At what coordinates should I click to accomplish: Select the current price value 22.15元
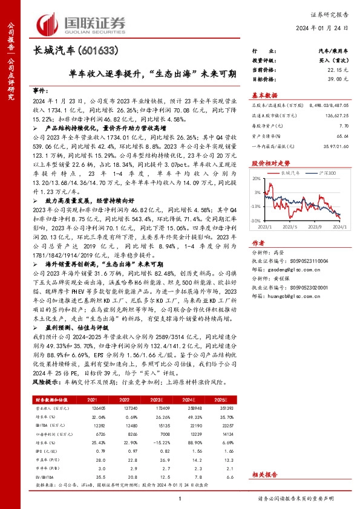[x=341, y=71]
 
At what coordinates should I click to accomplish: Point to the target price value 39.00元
[x=341, y=79]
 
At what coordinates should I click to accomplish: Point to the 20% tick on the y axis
[x=257, y=179]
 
